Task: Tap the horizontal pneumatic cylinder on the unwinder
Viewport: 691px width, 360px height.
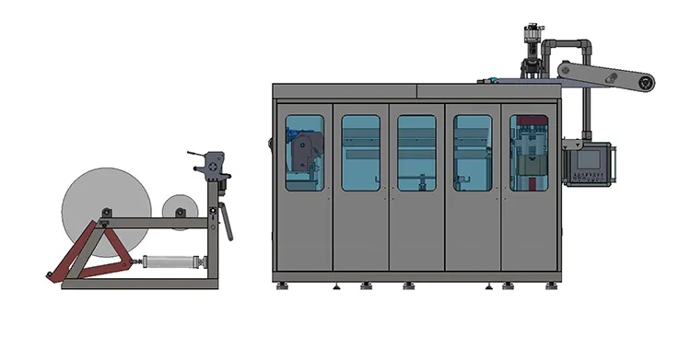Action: click(171, 262)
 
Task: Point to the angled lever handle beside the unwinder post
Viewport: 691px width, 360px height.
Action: click(225, 224)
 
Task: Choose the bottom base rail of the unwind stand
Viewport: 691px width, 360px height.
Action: click(139, 284)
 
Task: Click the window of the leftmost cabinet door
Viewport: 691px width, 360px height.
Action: click(304, 153)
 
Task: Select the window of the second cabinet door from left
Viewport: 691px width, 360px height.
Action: click(360, 153)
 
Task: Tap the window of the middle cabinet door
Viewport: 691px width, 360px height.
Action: click(416, 153)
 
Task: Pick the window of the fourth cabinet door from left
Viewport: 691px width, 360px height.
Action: click(473, 153)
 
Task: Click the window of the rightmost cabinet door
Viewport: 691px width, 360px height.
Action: click(529, 153)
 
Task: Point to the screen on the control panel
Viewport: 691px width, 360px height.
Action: click(588, 158)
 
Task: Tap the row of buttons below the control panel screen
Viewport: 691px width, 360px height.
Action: click(588, 177)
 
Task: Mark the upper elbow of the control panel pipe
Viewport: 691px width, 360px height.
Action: click(581, 45)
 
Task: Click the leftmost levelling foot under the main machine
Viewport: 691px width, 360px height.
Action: click(282, 285)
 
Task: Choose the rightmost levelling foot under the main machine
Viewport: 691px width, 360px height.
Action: click(552, 285)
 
